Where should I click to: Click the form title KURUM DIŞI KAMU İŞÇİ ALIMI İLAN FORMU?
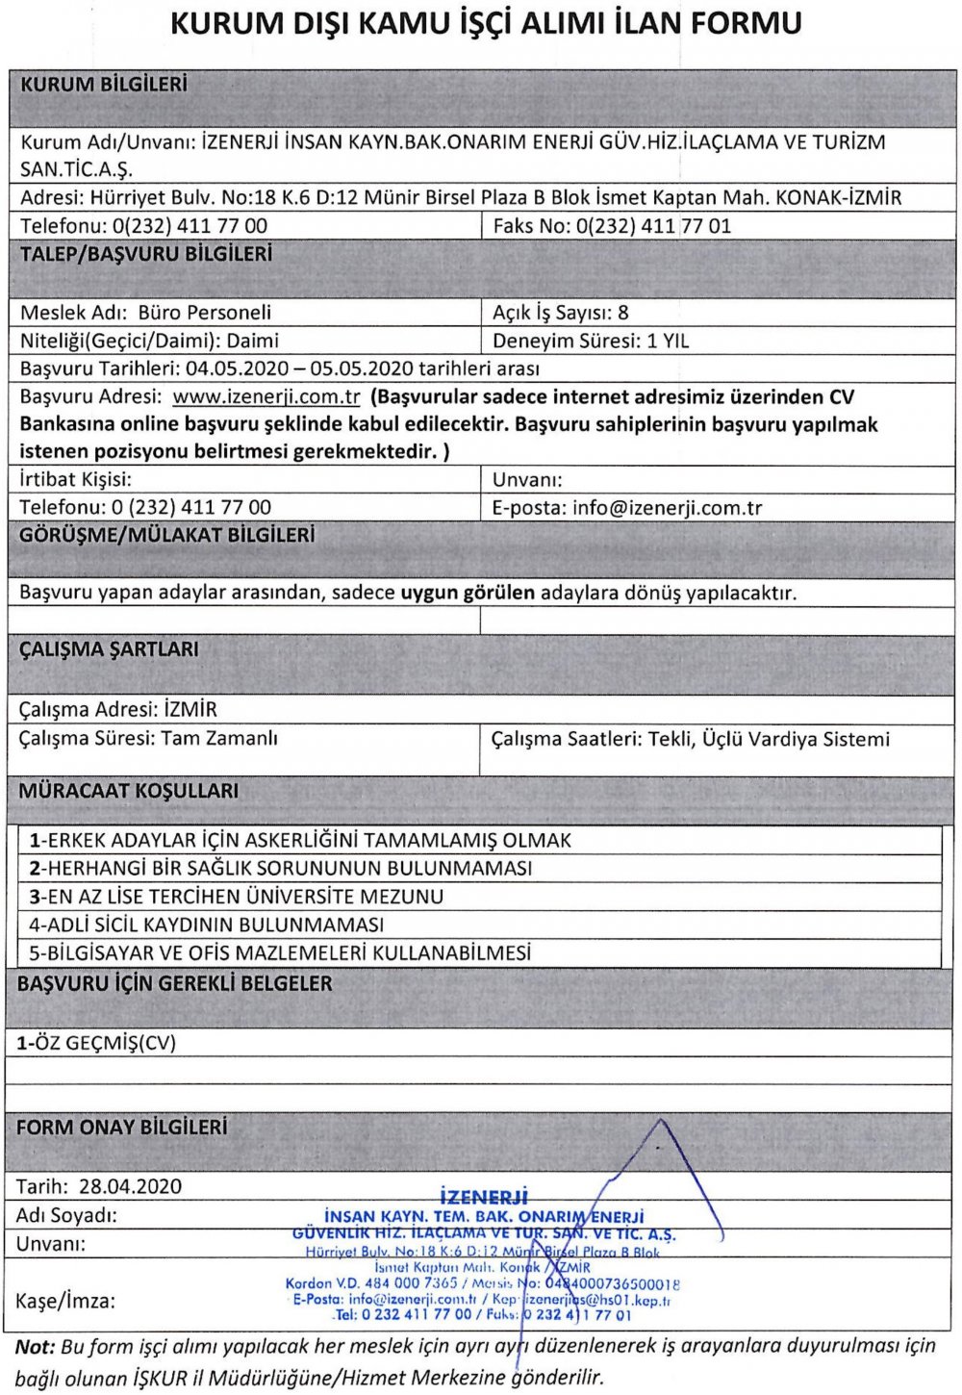pos(486,23)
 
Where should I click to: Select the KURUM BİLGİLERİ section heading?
pos(104,85)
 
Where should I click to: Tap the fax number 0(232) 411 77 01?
pos(653,226)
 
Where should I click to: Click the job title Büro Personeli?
pos(205,313)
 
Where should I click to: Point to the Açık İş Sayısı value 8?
pos(623,313)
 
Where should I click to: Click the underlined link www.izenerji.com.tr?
pos(266,397)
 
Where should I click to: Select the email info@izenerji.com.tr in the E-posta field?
pos(667,508)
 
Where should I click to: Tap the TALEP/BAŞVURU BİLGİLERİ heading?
pos(146,254)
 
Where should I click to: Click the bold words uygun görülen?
pos(468,593)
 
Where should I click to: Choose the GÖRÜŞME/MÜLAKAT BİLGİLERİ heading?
pos(166,535)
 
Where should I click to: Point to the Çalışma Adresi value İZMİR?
pos(191,710)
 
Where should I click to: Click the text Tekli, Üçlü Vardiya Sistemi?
pos(769,739)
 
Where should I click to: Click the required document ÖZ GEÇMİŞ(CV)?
pos(98,1043)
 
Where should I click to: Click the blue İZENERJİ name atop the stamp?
pos(484,1197)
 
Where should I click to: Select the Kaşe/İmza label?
pos(65,1302)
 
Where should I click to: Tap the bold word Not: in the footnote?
pos(36,1346)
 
